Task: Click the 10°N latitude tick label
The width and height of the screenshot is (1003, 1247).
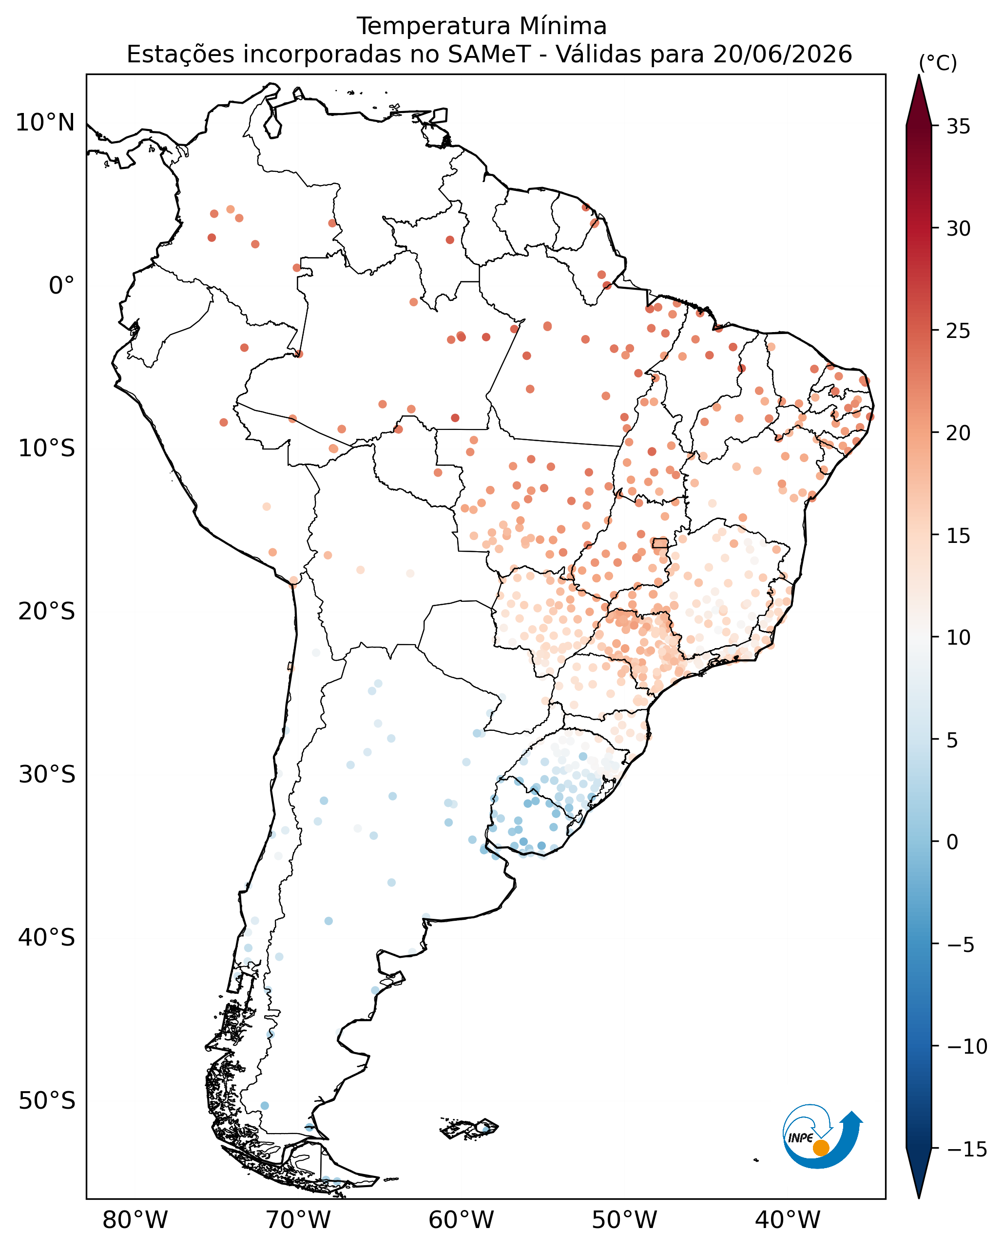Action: [45, 123]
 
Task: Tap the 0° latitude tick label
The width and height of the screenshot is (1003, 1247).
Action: [61, 286]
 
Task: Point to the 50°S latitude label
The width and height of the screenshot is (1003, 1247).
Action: [46, 1100]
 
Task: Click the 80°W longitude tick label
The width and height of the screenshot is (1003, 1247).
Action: [135, 1220]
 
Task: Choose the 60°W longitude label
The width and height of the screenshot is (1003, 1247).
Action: [461, 1220]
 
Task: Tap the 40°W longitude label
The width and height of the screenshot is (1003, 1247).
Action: [788, 1220]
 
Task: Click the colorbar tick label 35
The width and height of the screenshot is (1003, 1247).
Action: [959, 127]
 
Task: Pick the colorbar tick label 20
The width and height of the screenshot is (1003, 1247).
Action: [959, 433]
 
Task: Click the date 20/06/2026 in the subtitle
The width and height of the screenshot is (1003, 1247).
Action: [783, 55]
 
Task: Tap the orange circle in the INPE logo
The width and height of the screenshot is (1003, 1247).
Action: [821, 1148]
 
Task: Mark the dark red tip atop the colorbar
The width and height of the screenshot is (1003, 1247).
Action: [919, 100]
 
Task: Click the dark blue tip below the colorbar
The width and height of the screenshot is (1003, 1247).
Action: [919, 1174]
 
